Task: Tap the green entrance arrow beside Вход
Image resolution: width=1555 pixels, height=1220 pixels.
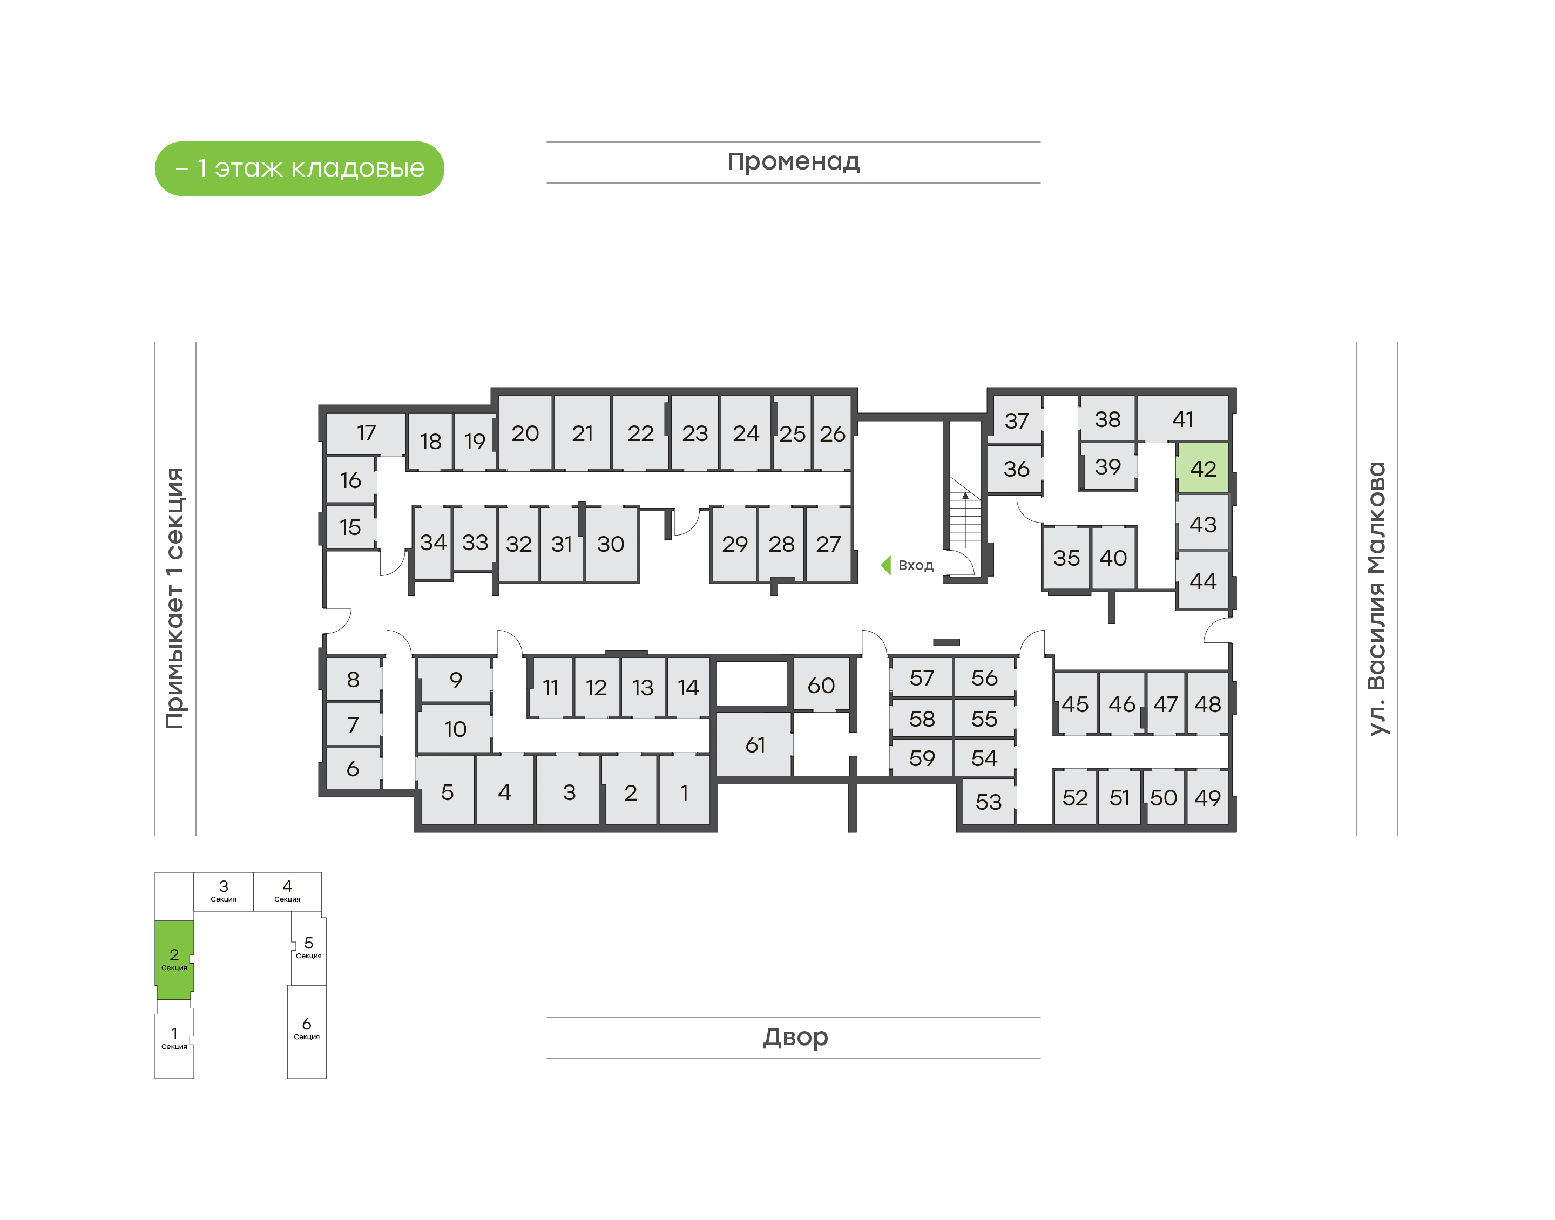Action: coord(885,565)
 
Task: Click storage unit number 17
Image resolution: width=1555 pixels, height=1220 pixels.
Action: coord(366,433)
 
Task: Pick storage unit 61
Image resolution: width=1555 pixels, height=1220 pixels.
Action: coord(754,744)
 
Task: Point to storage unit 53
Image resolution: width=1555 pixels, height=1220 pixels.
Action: coord(988,802)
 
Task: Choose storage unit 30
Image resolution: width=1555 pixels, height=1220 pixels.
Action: coord(611,544)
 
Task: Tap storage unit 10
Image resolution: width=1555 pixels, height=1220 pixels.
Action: coord(455,729)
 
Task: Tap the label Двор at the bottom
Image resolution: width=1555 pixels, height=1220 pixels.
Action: coord(795,1036)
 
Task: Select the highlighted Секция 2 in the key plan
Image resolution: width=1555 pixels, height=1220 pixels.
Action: coord(174,959)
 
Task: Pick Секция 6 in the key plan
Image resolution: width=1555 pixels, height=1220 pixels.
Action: coord(307,1031)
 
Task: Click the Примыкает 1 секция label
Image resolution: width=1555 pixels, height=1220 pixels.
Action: coord(175,599)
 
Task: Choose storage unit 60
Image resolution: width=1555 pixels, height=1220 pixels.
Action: coord(821,685)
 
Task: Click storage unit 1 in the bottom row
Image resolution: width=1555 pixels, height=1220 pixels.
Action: coord(684,792)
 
